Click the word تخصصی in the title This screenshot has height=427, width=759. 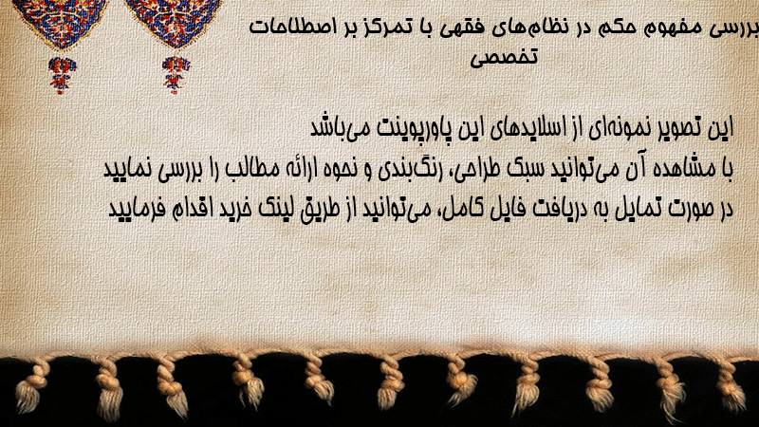[x=504, y=58]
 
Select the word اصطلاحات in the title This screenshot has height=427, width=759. [x=287, y=27]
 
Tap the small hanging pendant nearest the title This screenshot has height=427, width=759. [x=176, y=74]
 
